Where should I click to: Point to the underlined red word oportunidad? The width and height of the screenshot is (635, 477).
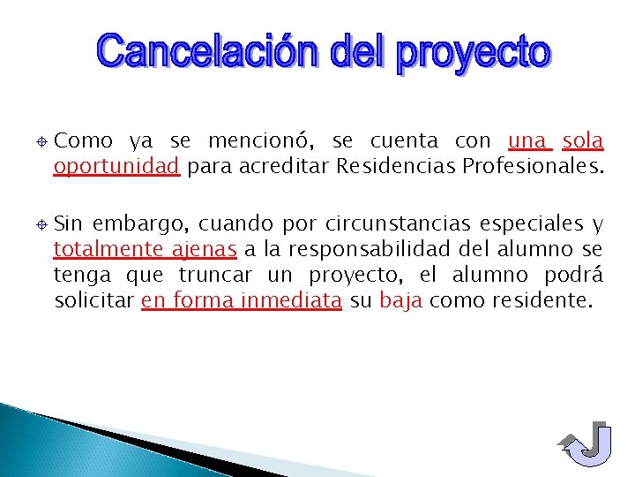click(x=116, y=166)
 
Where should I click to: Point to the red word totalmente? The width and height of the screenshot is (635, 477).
click(x=99, y=248)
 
